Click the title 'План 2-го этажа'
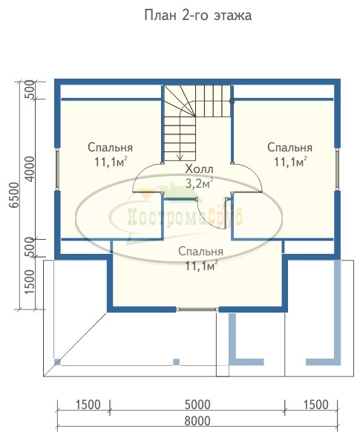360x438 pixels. click(x=197, y=16)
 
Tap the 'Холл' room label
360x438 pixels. click(x=200, y=169)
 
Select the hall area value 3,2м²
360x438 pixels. click(x=200, y=183)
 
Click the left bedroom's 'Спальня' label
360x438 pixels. click(x=110, y=148)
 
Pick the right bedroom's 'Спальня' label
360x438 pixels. click(x=289, y=148)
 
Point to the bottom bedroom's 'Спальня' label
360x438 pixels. click(x=201, y=252)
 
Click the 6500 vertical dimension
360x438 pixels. click(x=14, y=195)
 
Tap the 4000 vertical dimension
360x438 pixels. click(x=30, y=169)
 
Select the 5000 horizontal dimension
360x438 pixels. click(x=197, y=405)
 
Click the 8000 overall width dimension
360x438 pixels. click(x=197, y=421)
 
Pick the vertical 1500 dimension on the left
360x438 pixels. click(x=30, y=282)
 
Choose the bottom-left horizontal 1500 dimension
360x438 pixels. click(x=88, y=405)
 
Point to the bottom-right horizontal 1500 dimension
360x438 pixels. click(x=316, y=405)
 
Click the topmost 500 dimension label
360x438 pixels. click(x=30, y=89)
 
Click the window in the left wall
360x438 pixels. click(x=57, y=169)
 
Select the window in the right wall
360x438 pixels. click(x=338, y=169)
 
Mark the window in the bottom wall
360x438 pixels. click(x=197, y=310)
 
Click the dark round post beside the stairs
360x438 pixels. click(x=232, y=101)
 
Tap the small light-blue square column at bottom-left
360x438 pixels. click(x=57, y=362)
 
